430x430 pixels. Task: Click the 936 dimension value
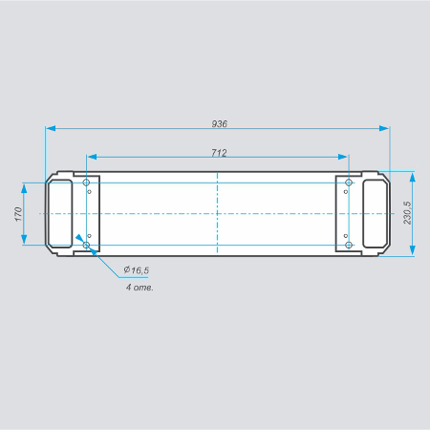pos(220,123)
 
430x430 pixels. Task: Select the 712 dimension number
pos(219,153)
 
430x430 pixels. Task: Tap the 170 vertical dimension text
pos(18,214)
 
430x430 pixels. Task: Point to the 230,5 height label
pos(407,213)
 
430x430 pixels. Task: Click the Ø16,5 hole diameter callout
pos(137,270)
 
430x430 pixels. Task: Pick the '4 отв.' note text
pos(140,288)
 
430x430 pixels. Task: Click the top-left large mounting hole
pos(86,183)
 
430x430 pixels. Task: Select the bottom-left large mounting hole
pos(86,245)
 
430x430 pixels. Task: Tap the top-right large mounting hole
pos(349,183)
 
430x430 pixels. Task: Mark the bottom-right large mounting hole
pos(349,245)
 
